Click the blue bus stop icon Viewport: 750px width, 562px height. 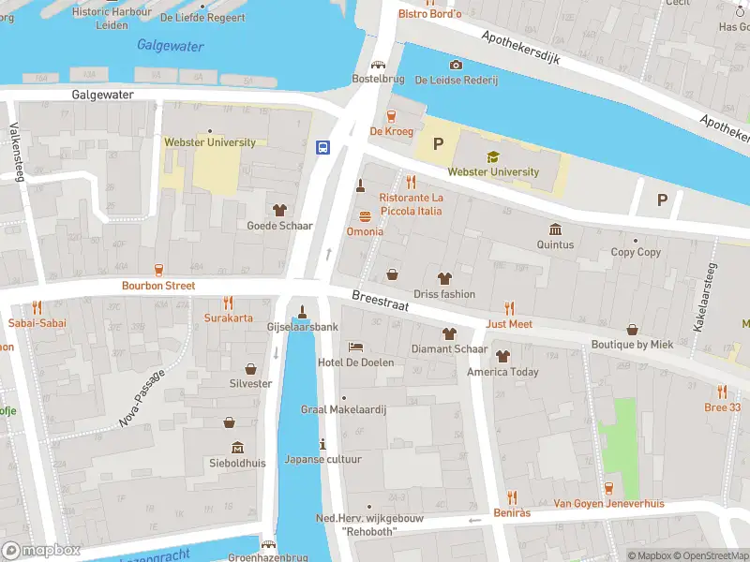pyautogui.click(x=322, y=147)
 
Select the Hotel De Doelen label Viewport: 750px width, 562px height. pyautogui.click(x=355, y=362)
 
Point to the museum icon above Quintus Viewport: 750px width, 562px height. pyautogui.click(x=555, y=229)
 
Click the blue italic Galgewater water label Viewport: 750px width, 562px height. pyautogui.click(x=170, y=45)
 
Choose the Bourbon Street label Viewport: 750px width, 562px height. pyautogui.click(x=157, y=285)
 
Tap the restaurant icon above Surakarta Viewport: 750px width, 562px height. pyautogui.click(x=228, y=303)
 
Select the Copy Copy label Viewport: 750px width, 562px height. pyautogui.click(x=636, y=252)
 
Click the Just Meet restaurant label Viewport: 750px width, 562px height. pyautogui.click(x=509, y=324)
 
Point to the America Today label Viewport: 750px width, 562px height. pyautogui.click(x=502, y=372)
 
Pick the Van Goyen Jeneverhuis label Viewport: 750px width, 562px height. pyautogui.click(x=608, y=504)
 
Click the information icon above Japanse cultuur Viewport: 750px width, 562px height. pyautogui.click(x=322, y=444)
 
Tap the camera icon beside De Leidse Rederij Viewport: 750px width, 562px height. pyautogui.click(x=456, y=65)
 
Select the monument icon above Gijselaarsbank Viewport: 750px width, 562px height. pyautogui.click(x=302, y=312)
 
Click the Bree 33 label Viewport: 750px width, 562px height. pyautogui.click(x=722, y=407)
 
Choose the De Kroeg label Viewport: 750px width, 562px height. pyautogui.click(x=391, y=132)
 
